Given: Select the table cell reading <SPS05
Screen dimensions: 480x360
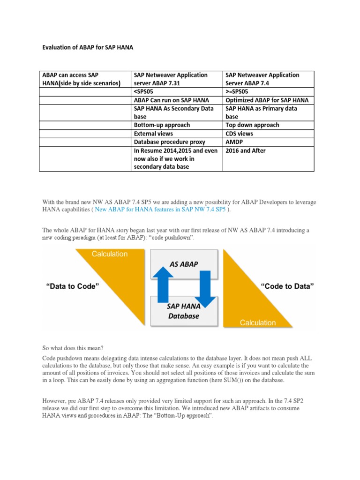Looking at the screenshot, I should [145, 91].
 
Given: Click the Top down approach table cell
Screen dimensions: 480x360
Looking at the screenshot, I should [252, 125].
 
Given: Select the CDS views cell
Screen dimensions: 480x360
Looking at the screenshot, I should [240, 134].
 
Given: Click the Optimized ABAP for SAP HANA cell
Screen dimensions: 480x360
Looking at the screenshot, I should [267, 100].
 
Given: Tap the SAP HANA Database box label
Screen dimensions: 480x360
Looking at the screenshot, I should [183, 311].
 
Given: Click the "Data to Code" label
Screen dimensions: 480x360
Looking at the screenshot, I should [72, 286].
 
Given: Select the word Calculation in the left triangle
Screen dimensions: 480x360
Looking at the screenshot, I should [109, 254].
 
